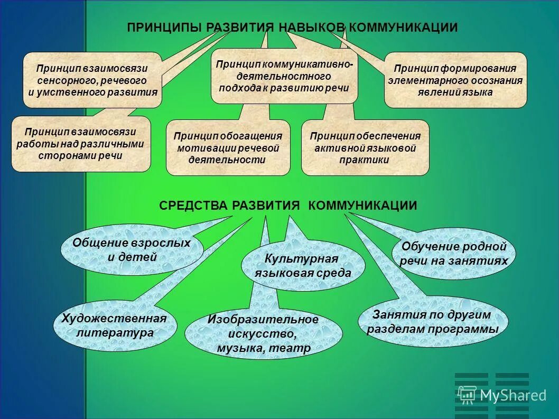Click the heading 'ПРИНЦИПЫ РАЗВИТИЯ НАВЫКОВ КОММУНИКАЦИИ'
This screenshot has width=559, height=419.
[x=292, y=27]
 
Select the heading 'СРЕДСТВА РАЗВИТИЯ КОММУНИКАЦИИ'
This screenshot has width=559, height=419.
[x=288, y=206]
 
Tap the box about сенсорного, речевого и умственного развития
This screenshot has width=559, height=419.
[x=92, y=80]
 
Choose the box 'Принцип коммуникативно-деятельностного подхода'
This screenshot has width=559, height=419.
[x=284, y=76]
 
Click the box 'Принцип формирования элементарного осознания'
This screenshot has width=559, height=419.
[x=455, y=80]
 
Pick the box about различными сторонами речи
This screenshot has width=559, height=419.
[x=80, y=144]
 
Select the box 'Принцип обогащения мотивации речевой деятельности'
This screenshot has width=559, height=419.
[x=228, y=148]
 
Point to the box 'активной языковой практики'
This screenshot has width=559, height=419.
[x=365, y=148]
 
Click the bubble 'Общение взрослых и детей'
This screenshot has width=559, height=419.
[x=132, y=250]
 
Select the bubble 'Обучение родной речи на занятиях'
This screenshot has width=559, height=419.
[x=454, y=254]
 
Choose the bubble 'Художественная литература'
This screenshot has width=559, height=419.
[x=115, y=325]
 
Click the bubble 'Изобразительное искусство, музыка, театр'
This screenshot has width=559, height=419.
[x=263, y=334]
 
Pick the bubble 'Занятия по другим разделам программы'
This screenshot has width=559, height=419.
[x=432, y=322]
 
